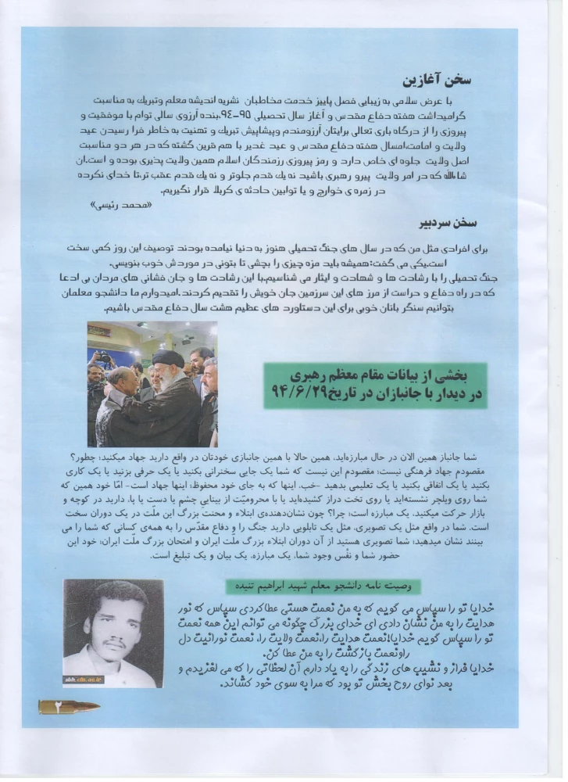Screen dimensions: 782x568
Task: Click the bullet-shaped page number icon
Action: coord(69,707)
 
